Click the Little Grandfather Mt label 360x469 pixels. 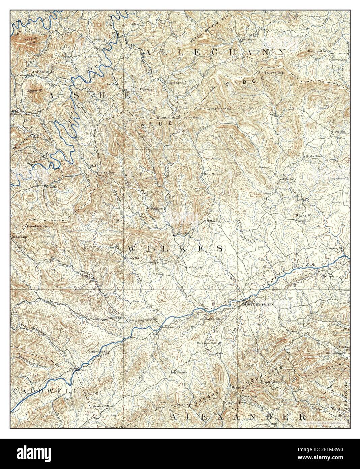pos(214,109)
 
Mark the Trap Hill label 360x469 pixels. pos(338,132)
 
